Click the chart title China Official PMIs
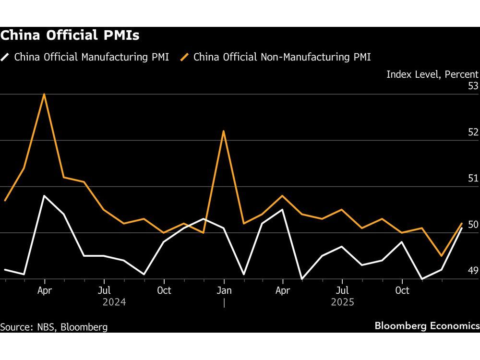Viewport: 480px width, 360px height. [x=70, y=36]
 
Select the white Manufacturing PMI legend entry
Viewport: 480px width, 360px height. [x=86, y=58]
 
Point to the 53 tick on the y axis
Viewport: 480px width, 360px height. [x=473, y=86]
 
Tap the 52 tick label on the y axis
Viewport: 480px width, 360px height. [x=473, y=132]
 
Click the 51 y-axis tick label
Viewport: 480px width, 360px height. [x=473, y=179]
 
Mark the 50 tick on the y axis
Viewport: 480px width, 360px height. [x=473, y=225]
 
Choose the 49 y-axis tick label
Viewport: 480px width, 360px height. [x=473, y=271]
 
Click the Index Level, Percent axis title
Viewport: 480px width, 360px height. [x=432, y=74]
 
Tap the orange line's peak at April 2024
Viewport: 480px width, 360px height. [x=44, y=94]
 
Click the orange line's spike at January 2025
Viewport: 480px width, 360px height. [x=224, y=131]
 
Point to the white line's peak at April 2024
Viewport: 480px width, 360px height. [x=44, y=196]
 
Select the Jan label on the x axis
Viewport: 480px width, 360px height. [x=224, y=290]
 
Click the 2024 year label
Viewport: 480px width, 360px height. [x=114, y=302]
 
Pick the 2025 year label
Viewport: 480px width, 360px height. [x=342, y=302]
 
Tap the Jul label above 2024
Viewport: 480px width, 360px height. [x=104, y=290]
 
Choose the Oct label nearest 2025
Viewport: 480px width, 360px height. [x=402, y=290]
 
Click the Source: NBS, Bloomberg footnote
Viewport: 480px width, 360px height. [x=54, y=327]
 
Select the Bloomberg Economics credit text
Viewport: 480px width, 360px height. [x=427, y=326]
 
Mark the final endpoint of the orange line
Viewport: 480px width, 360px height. [x=461, y=223]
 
